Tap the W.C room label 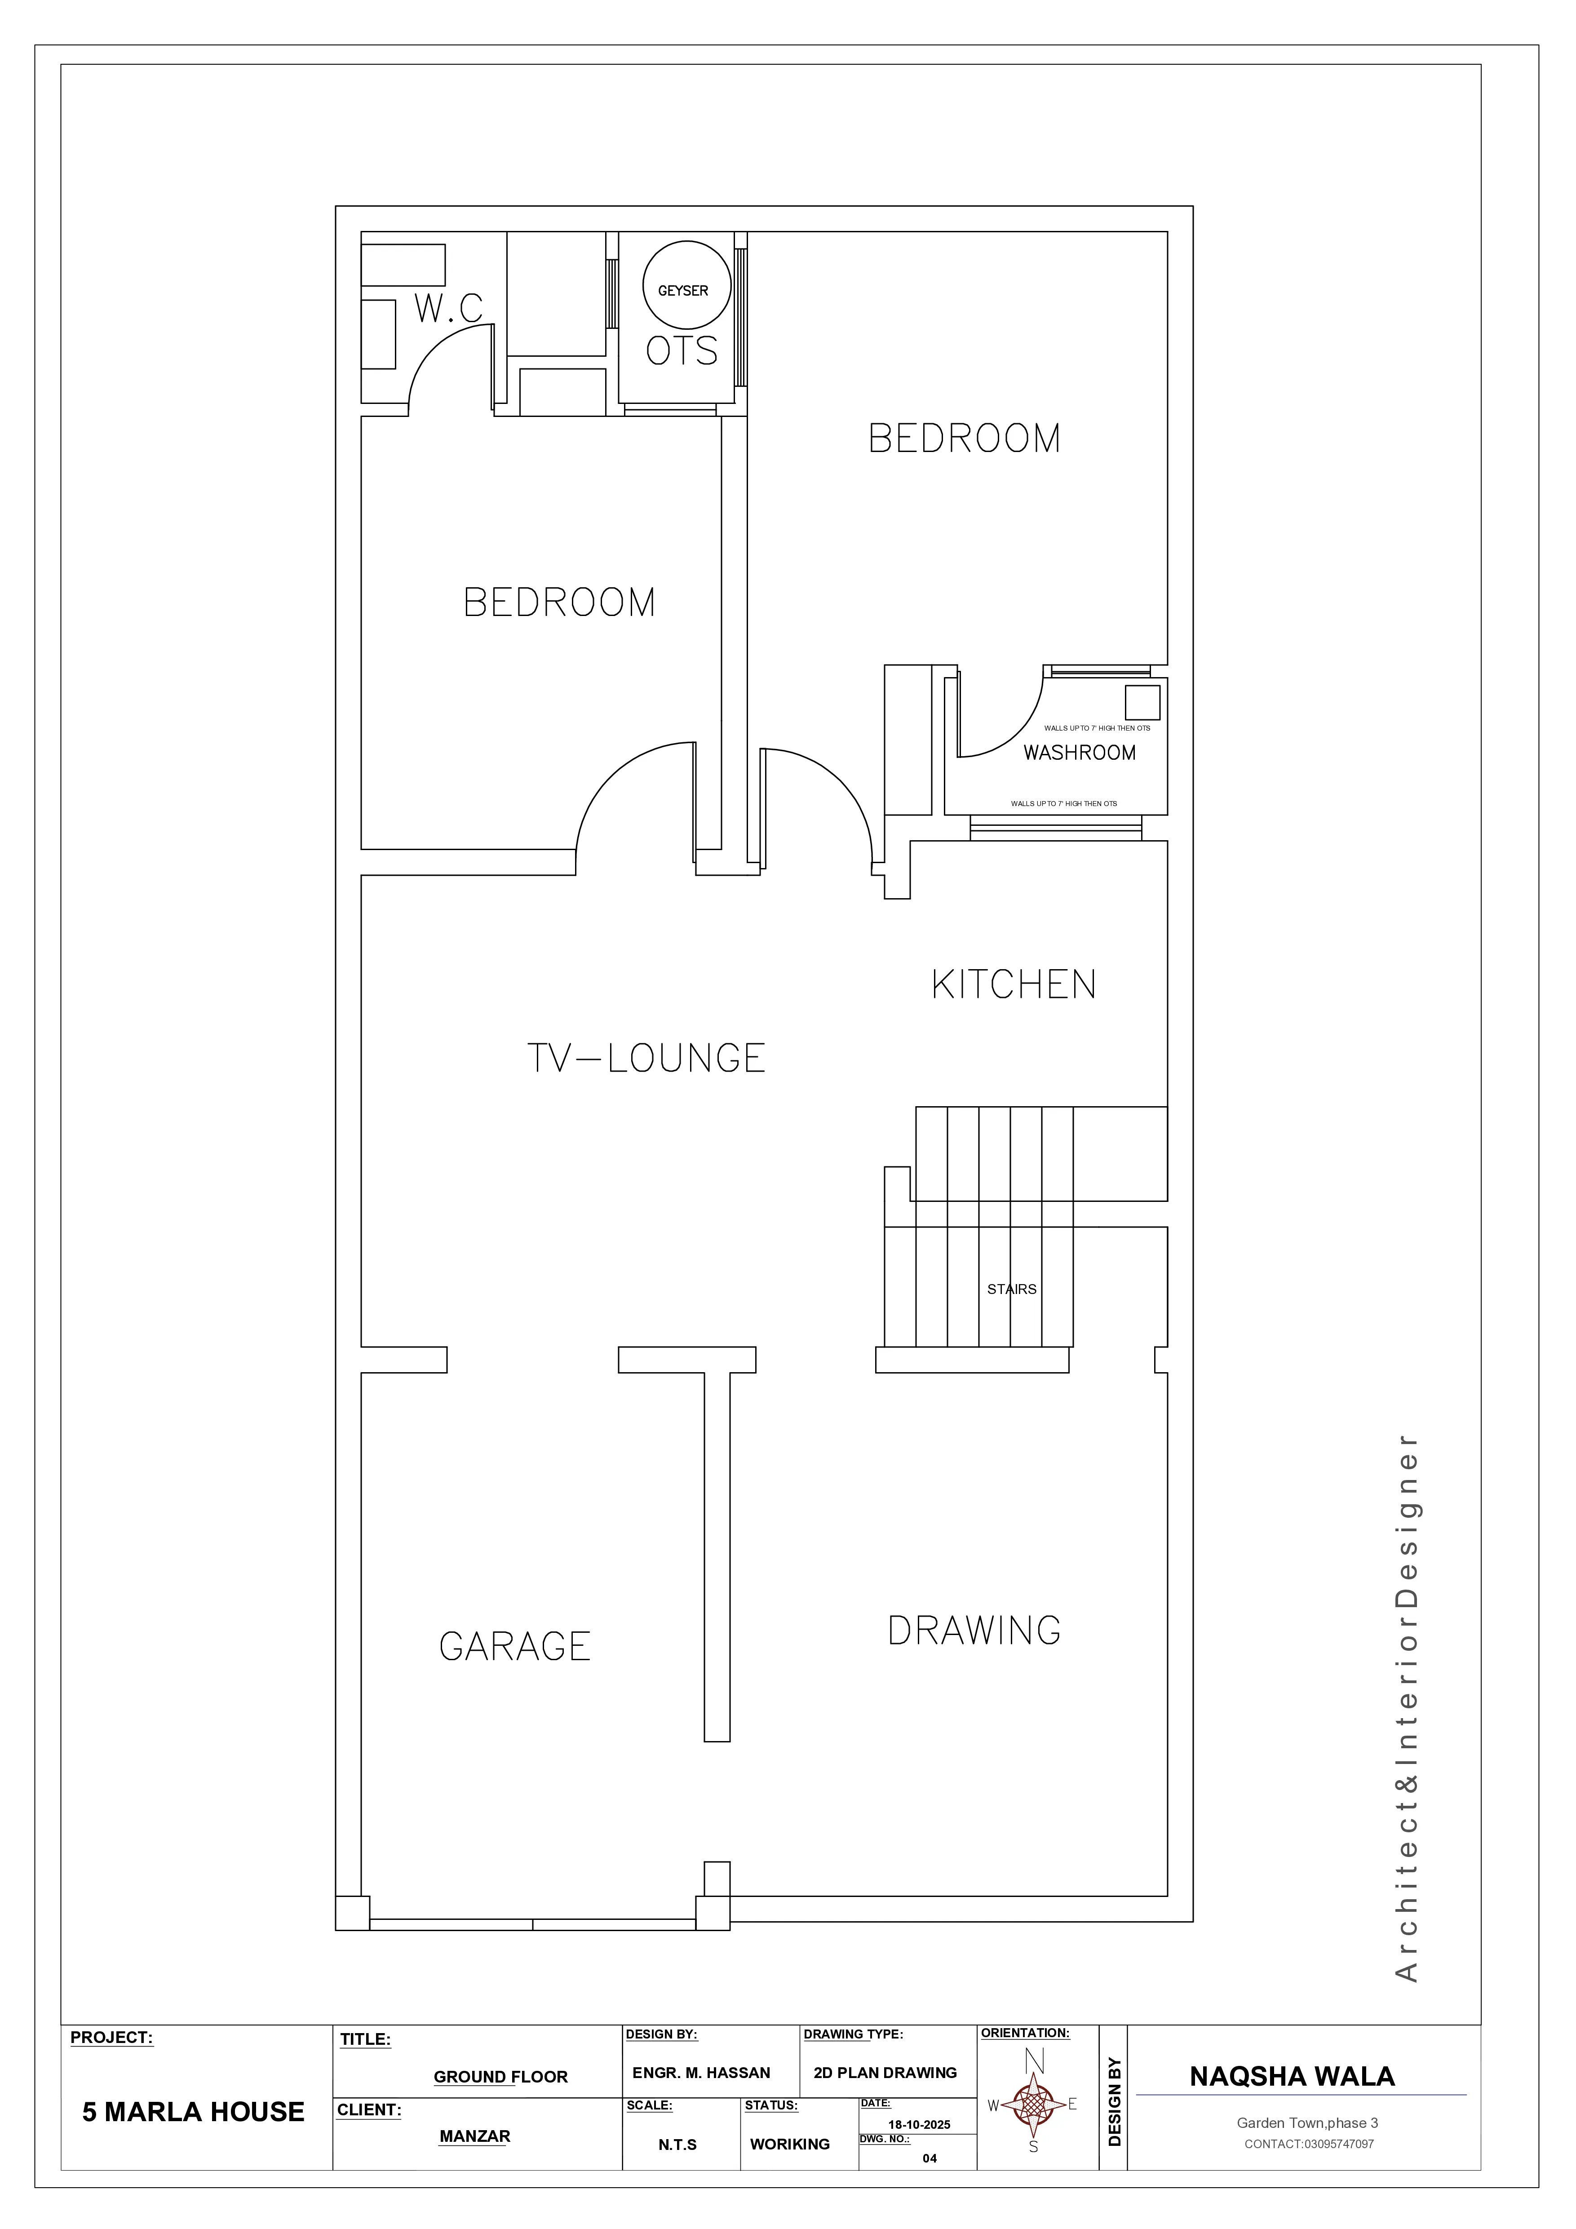(x=448, y=309)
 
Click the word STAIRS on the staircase (x=1011, y=1289)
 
